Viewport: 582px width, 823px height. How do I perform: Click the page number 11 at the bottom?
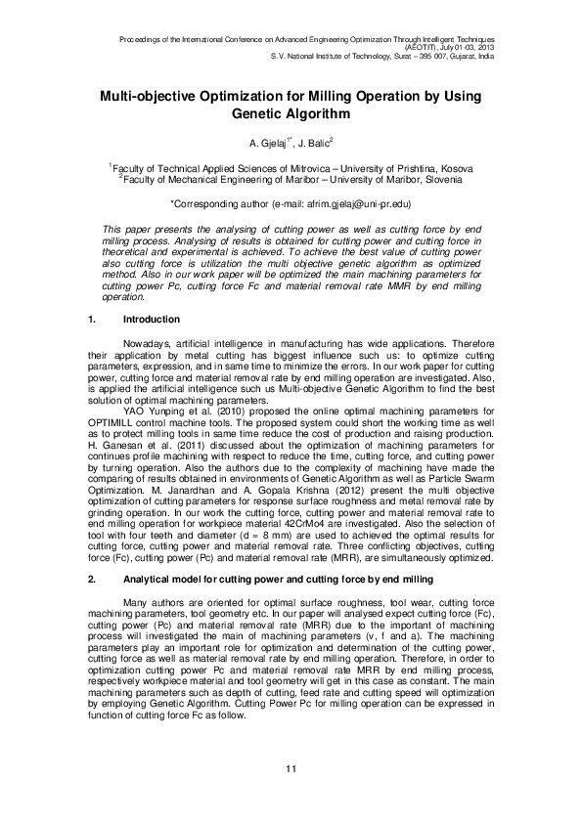pyautogui.click(x=291, y=772)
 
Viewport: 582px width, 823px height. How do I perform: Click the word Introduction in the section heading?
pyautogui.click(x=151, y=320)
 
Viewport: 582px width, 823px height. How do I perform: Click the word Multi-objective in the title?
pyautogui.click(x=149, y=97)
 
